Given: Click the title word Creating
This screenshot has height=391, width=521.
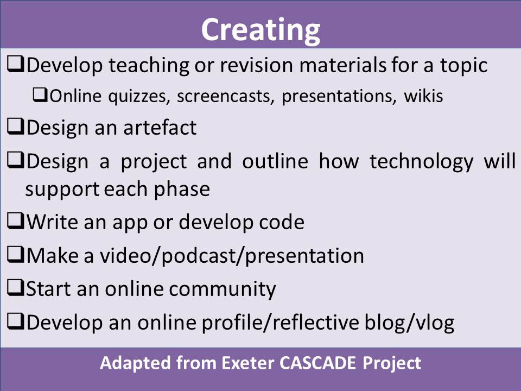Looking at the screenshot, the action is click(x=260, y=30).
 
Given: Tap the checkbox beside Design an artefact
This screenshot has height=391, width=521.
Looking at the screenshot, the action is click(x=15, y=127).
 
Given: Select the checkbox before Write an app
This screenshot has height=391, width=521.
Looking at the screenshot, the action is click(x=15, y=221).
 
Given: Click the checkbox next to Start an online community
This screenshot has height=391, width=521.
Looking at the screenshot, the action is click(x=15, y=288).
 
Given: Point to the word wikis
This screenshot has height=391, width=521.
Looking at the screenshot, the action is click(x=423, y=96).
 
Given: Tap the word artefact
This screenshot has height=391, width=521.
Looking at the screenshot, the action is click(x=160, y=127).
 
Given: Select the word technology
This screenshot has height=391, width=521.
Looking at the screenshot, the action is click(x=421, y=162).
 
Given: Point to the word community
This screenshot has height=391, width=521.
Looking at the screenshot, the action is click(x=223, y=289).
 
